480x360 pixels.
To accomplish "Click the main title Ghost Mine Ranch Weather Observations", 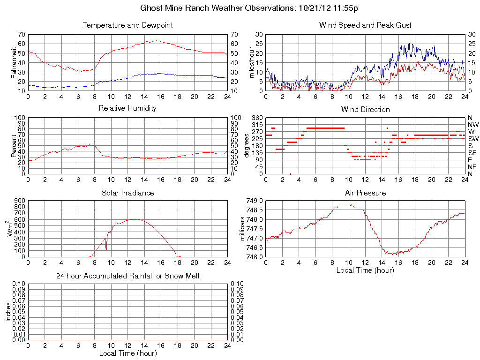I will click(x=249, y=8).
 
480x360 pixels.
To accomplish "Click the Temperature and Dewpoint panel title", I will click(x=127, y=25).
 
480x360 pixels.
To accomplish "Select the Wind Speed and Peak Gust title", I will click(x=365, y=25).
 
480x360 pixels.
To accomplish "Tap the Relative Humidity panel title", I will click(x=127, y=108).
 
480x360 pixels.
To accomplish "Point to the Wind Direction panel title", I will click(x=365, y=109).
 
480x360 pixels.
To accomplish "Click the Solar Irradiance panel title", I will click(x=127, y=193).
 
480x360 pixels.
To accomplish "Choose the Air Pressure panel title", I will click(x=365, y=193).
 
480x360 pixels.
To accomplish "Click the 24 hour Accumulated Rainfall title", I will click(x=127, y=276).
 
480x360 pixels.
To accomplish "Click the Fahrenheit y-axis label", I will click(x=14, y=62).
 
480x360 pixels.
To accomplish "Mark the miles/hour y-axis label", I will click(x=252, y=62).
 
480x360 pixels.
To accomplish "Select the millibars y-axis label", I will click(x=243, y=229).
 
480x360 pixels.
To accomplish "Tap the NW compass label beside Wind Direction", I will click(x=473, y=125).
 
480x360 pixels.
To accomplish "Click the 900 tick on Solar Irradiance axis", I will click(x=20, y=201).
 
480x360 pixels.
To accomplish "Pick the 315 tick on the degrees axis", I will click(x=257, y=125).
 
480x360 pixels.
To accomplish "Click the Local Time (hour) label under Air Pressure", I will click(x=365, y=270).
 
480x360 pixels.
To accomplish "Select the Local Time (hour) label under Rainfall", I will click(x=127, y=353).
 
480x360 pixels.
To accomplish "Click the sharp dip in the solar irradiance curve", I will click(x=106, y=249).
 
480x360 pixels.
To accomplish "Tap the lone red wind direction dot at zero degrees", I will click(x=291, y=174).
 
